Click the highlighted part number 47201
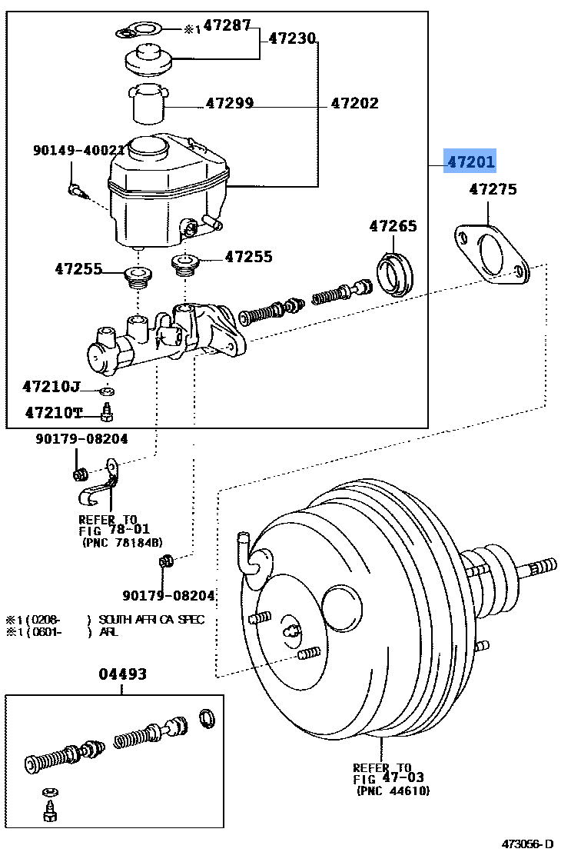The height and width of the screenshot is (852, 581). point(471,162)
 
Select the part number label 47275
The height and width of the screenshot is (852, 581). point(493,189)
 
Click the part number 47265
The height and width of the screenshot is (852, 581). point(393,226)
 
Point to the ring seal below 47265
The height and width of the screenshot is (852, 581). point(395,274)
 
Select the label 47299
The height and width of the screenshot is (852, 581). point(230,104)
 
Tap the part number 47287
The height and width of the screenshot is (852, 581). point(227,26)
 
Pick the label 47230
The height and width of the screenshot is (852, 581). point(292,38)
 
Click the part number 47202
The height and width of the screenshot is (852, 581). point(354,104)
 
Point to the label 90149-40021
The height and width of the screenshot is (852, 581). point(78,151)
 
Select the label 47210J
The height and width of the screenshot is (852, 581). point(51,386)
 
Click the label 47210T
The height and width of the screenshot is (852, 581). point(53,413)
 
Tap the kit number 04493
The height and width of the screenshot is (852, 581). point(122,674)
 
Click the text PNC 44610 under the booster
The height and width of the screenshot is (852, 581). point(393,790)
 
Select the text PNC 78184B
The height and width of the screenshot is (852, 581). point(122,541)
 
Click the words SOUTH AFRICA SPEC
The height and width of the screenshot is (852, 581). point(151,620)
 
